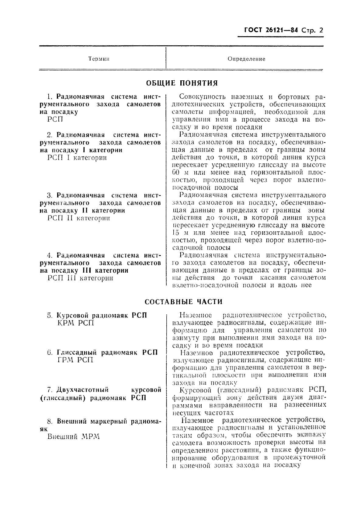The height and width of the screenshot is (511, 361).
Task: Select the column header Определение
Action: [246, 59]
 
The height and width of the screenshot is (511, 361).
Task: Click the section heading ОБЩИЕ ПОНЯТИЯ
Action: [182, 83]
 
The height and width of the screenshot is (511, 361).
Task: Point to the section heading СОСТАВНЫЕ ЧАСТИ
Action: [183, 302]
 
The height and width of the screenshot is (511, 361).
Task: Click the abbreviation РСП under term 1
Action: [55, 119]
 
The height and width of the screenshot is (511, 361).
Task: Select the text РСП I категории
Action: [77, 158]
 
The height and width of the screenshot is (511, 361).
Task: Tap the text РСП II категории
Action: [79, 218]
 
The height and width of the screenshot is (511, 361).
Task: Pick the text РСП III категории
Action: [80, 278]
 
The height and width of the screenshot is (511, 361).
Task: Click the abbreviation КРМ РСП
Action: [76, 323]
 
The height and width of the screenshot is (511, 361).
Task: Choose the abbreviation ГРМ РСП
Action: [75, 360]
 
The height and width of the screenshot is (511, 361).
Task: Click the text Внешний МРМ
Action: [74, 436]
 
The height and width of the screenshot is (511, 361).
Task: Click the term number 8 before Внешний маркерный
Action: [50, 422]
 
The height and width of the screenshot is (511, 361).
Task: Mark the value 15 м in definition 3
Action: [180, 233]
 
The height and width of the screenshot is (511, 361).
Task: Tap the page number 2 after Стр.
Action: [320, 30]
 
